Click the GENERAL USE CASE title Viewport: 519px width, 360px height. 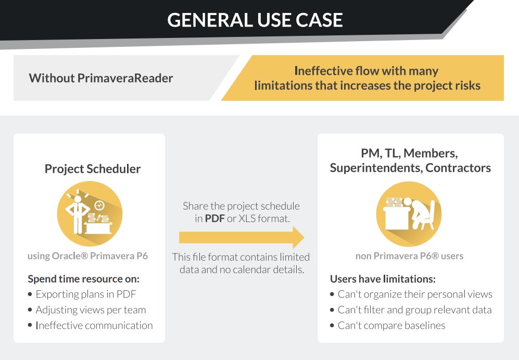[255, 20]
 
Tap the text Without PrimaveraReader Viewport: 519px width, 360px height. [101, 79]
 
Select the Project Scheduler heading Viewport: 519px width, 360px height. [93, 169]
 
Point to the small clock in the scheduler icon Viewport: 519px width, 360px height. [99, 205]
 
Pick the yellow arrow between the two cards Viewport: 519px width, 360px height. [242, 237]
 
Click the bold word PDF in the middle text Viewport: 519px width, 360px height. [214, 219]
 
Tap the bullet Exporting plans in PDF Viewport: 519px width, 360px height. [85, 294]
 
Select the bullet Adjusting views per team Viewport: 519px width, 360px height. [91, 310]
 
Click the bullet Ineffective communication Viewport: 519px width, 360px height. [94, 326]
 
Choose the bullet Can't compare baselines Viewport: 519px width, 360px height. [391, 326]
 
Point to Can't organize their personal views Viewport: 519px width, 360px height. [414, 294]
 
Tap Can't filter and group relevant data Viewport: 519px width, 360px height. [414, 310]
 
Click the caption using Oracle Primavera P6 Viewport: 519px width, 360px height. [88, 256]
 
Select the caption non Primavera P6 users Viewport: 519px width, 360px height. [409, 256]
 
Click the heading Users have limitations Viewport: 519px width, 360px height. [383, 279]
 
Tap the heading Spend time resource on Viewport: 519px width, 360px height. [84, 279]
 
